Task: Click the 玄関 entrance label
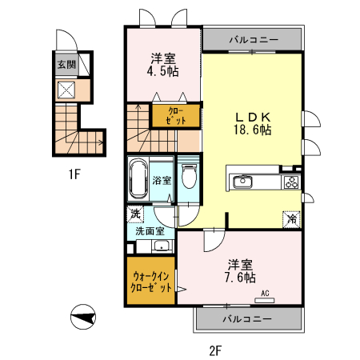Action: click(x=67, y=65)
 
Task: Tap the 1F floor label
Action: click(x=74, y=174)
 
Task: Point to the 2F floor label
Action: click(x=215, y=350)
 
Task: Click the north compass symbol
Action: click(x=83, y=317)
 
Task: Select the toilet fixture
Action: click(x=189, y=176)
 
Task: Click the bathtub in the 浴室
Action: click(x=138, y=178)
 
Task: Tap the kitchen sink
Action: click(x=242, y=182)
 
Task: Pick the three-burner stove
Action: click(x=292, y=182)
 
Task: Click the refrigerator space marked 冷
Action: click(x=292, y=219)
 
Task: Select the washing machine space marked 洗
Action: click(x=135, y=214)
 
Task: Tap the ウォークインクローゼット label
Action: click(x=150, y=282)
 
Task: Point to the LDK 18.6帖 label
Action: click(x=253, y=123)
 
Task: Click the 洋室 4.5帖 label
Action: click(x=163, y=65)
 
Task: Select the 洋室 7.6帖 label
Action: click(x=240, y=270)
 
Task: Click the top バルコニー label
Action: click(x=254, y=40)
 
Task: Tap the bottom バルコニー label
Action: click(x=247, y=318)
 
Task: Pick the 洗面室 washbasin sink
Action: click(x=162, y=246)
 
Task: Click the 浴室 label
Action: click(x=162, y=180)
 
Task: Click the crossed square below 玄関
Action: click(x=66, y=90)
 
